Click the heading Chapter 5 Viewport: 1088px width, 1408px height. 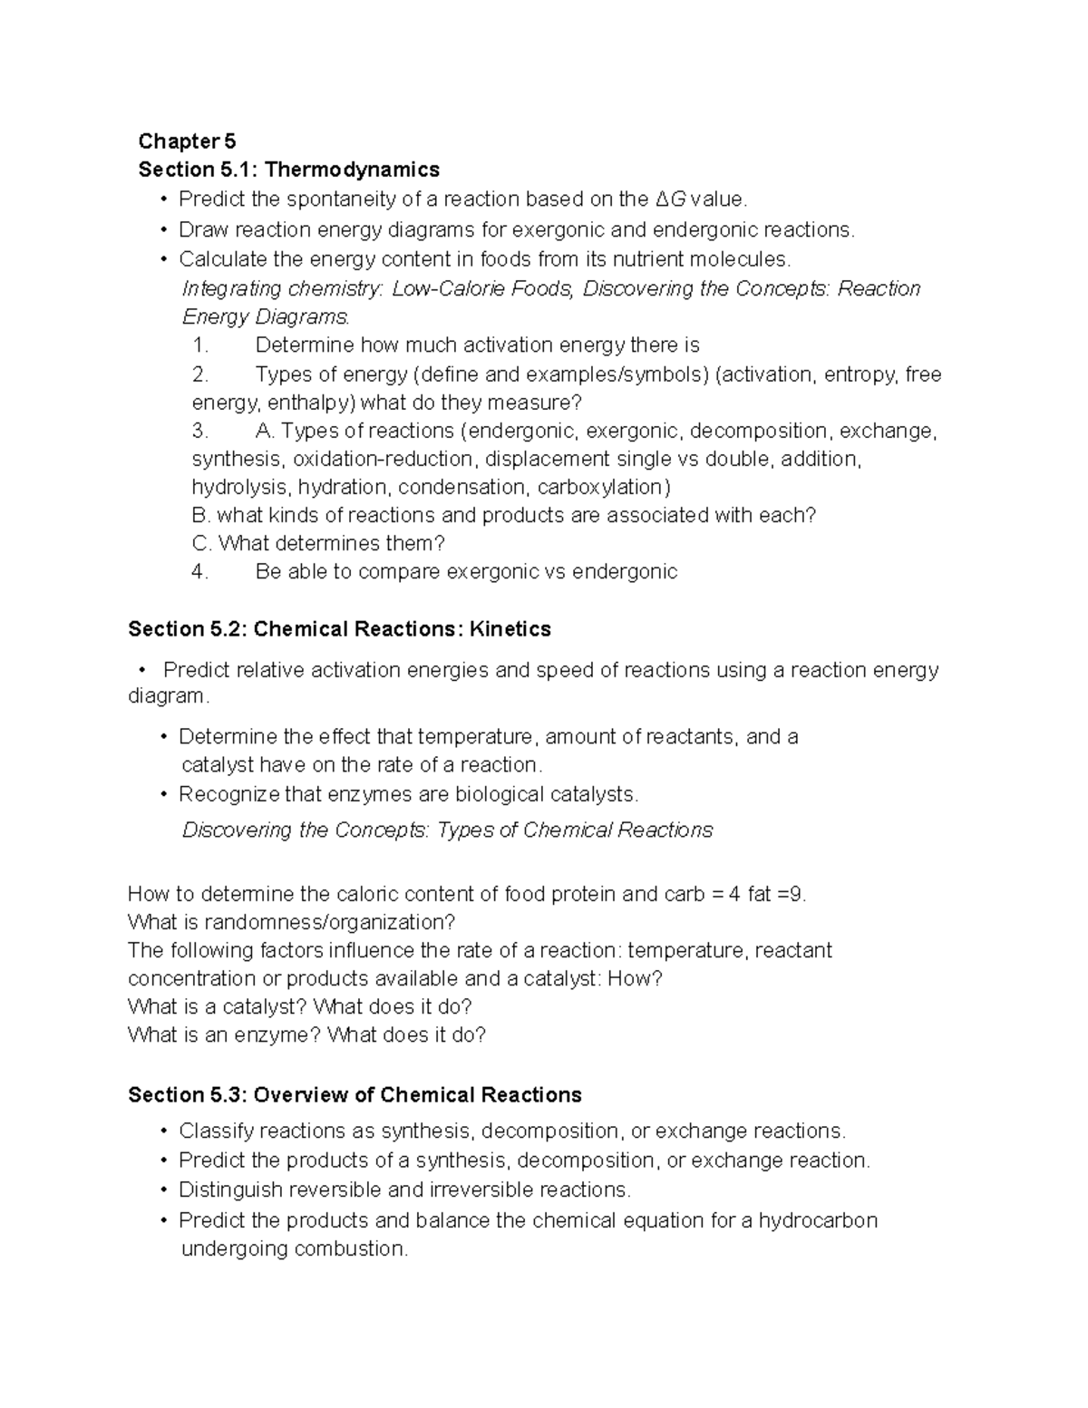pos(187,141)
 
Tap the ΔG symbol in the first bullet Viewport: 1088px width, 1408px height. pos(670,199)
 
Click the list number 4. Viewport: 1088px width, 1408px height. pos(199,572)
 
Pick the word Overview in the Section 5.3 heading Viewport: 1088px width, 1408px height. pos(297,1095)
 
